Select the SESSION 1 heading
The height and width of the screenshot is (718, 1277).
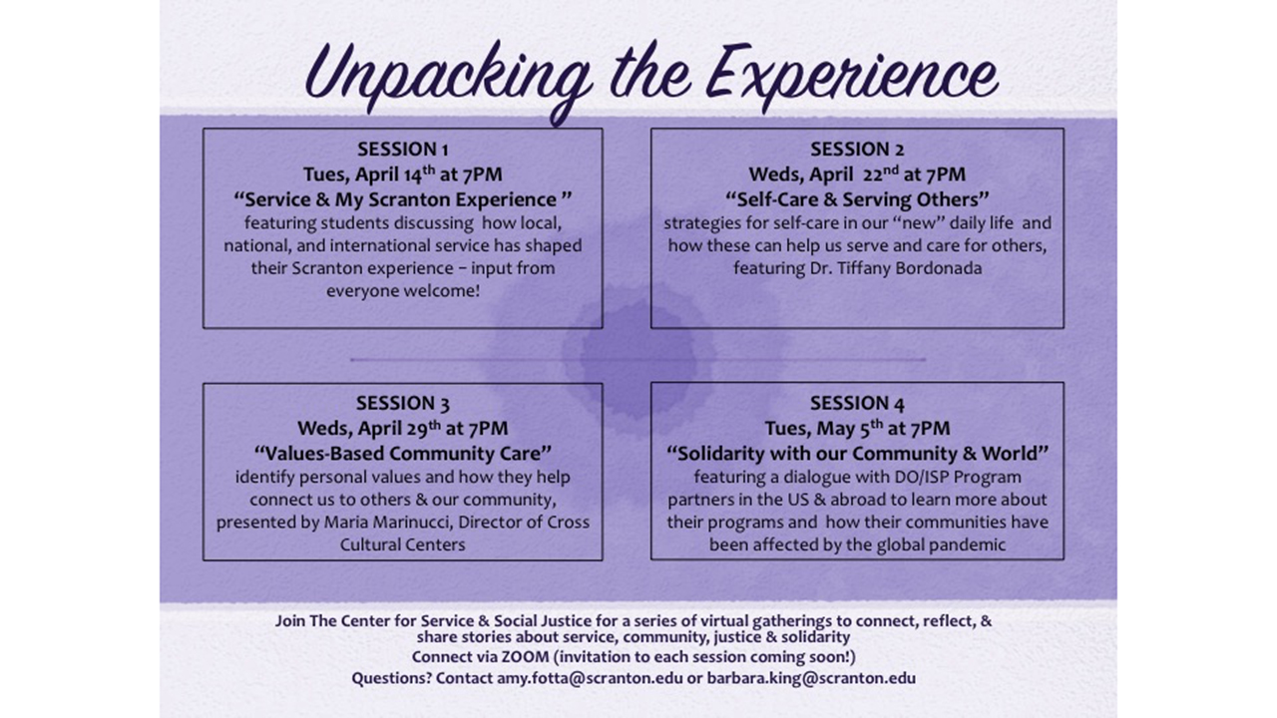click(x=403, y=150)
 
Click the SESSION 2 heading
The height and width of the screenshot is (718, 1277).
click(x=857, y=150)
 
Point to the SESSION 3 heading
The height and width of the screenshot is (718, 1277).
click(x=403, y=404)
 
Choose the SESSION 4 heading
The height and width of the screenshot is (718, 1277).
click(x=857, y=404)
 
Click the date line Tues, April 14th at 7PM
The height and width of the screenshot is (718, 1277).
click(x=403, y=174)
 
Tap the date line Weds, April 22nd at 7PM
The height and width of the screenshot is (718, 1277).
click(x=857, y=174)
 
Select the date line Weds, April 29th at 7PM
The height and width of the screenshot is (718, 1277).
click(x=403, y=428)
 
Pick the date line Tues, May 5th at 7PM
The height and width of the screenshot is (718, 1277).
click(x=857, y=428)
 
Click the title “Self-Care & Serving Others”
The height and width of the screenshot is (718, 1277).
click(x=857, y=199)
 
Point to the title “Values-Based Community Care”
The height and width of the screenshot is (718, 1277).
click(x=403, y=454)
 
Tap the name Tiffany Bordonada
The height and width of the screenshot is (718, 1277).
click(x=910, y=268)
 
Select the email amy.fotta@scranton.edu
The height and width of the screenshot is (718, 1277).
click(x=590, y=678)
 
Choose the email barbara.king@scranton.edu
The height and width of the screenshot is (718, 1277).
click(x=811, y=678)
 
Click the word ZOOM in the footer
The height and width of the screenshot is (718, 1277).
click(x=525, y=657)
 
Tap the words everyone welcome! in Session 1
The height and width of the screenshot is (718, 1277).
click(x=403, y=291)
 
